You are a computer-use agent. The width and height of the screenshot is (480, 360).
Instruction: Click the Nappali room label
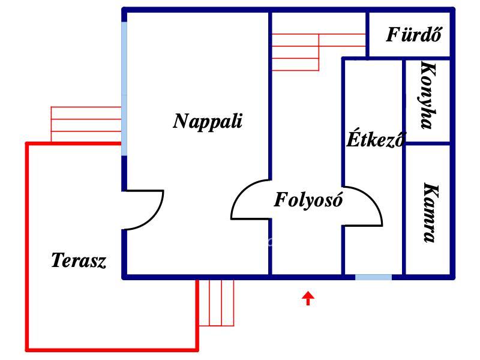(x=208, y=122)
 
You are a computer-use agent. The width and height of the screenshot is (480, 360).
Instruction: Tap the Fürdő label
(x=413, y=34)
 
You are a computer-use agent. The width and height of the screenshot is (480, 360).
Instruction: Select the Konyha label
(x=428, y=96)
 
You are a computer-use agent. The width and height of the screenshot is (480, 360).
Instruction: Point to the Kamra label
(x=430, y=213)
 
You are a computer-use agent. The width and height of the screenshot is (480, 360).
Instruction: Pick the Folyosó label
(x=308, y=200)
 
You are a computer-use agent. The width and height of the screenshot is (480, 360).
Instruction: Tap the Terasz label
(x=79, y=260)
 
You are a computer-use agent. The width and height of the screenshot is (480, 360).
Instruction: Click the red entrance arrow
(x=308, y=298)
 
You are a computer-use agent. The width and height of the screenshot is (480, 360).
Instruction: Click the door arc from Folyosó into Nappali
(x=237, y=196)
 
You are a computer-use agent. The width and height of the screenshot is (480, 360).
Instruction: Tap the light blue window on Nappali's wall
(x=124, y=89)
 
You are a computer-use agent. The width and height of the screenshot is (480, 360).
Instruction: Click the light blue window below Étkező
(x=373, y=277)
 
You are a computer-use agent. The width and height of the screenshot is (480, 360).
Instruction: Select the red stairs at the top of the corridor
(x=319, y=52)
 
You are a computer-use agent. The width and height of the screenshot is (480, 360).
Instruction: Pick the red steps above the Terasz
(x=86, y=124)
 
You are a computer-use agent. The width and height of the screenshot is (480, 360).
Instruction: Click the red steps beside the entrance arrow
(x=217, y=303)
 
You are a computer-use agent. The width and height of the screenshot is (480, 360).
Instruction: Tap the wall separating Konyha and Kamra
(x=428, y=143)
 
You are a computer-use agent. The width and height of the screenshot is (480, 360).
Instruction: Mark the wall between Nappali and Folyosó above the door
(x=270, y=95)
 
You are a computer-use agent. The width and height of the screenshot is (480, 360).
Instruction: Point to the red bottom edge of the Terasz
(x=112, y=349)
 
